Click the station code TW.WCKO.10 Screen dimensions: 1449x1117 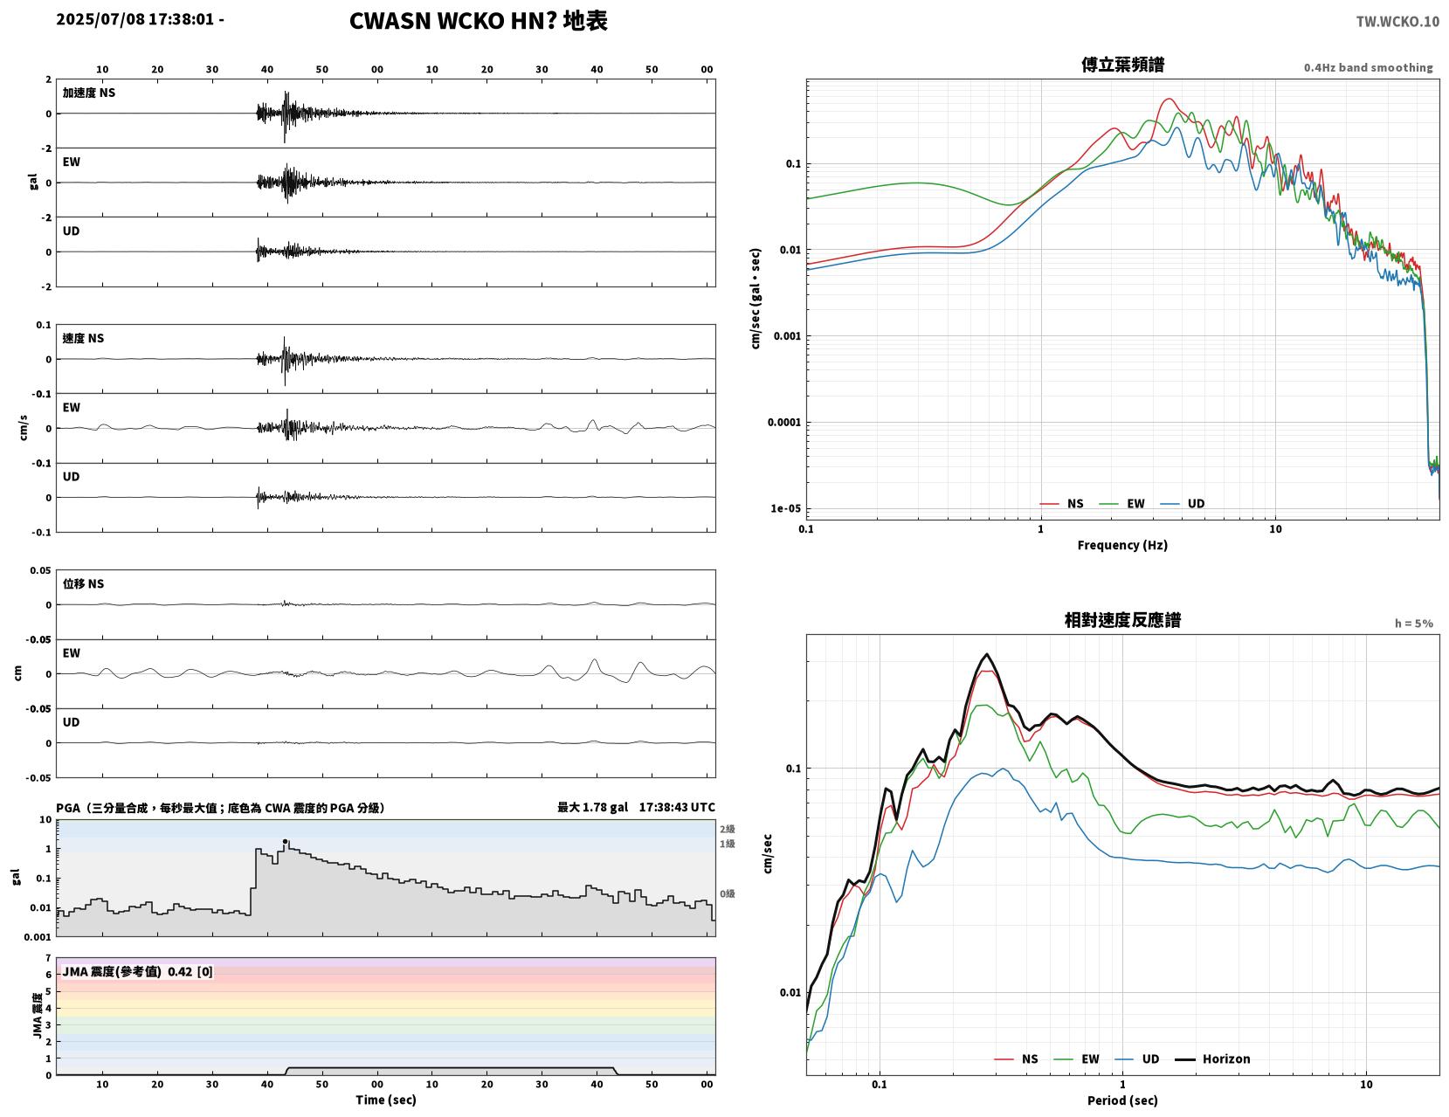click(1397, 22)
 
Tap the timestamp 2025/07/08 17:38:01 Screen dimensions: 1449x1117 click(135, 18)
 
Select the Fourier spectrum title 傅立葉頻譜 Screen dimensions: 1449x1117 click(1122, 65)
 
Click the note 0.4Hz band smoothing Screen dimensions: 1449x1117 click(1368, 67)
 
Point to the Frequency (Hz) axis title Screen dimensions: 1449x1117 click(1122, 545)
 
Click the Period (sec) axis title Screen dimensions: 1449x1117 click(1122, 1100)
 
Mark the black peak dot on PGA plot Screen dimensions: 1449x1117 click(286, 842)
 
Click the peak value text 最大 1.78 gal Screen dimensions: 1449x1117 click(592, 808)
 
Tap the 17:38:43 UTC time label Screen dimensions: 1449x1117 click(677, 808)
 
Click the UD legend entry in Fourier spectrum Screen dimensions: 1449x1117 click(1183, 504)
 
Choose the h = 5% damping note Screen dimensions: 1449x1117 click(1414, 624)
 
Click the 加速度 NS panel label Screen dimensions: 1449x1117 click(89, 93)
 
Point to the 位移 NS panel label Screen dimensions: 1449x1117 click(83, 583)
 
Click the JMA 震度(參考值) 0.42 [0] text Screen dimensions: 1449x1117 click(137, 972)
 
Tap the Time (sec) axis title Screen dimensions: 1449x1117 click(385, 1100)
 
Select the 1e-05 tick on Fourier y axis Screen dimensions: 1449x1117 click(785, 508)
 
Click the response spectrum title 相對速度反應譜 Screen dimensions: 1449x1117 click(1122, 620)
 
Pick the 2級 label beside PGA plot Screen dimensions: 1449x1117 click(727, 829)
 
